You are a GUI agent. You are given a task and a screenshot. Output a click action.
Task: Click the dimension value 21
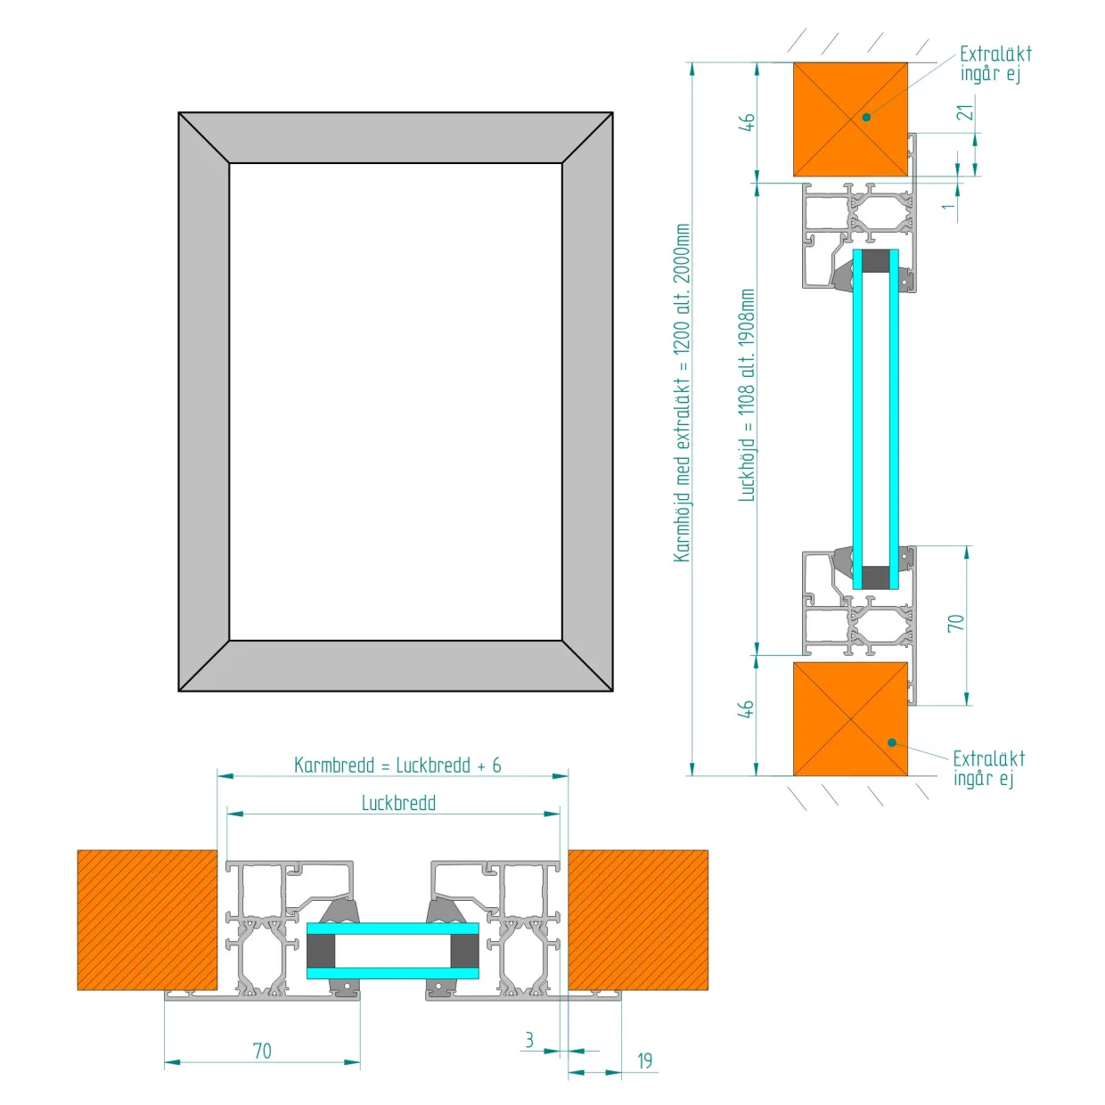968,111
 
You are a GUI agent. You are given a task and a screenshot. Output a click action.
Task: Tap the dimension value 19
644,1060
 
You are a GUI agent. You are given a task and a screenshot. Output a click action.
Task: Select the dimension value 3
528,1040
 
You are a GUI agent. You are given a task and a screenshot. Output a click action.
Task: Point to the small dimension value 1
949,205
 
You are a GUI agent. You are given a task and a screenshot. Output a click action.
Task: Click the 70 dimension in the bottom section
262,1052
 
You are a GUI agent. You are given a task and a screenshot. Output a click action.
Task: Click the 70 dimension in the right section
955,623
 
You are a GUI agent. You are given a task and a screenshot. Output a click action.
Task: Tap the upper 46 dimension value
747,122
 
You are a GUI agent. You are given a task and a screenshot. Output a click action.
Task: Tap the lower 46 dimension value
747,708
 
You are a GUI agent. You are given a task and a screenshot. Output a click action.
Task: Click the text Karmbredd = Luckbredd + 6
397,765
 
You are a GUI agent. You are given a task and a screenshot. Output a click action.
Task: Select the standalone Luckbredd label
398,803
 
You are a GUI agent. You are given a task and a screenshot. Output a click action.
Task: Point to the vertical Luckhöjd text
747,396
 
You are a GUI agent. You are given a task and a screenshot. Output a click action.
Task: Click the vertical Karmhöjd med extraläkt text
682,393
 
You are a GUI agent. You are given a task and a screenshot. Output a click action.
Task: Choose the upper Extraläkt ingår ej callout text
995,63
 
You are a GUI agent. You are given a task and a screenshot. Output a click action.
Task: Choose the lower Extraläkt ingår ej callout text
988,769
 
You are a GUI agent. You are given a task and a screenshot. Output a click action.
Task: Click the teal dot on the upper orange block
866,117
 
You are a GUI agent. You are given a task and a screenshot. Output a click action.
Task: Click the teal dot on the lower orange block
892,742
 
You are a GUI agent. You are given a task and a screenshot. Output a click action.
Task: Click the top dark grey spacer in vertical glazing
876,261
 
